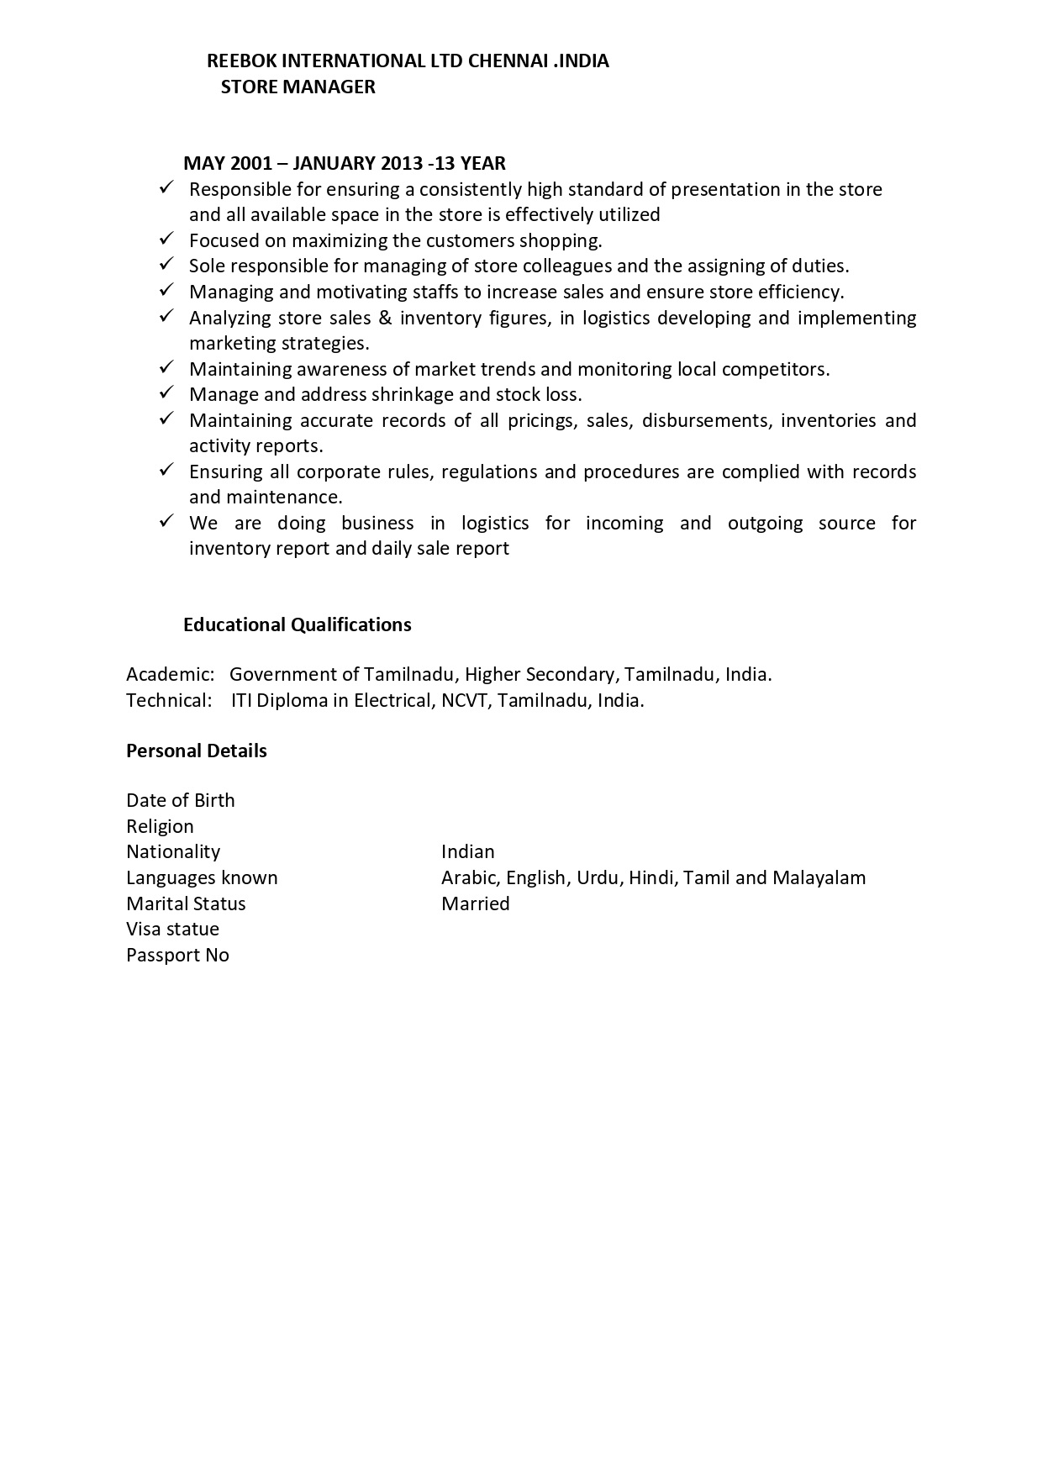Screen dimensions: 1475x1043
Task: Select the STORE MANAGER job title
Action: tap(298, 87)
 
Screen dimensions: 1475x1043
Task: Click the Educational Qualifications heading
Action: tap(298, 624)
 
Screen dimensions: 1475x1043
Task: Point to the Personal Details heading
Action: tap(197, 751)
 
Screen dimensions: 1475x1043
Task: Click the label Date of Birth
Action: tap(181, 800)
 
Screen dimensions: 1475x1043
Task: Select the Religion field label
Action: tap(160, 826)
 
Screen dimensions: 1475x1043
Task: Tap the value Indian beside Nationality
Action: tap(468, 851)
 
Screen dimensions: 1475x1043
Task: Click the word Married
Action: tap(476, 903)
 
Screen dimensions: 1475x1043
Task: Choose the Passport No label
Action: tap(177, 955)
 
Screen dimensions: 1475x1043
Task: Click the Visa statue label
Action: tap(172, 929)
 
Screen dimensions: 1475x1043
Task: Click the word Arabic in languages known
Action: tap(471, 877)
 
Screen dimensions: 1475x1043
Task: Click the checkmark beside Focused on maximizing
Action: tap(166, 240)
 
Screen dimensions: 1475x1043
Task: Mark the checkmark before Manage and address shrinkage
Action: tap(166, 393)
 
